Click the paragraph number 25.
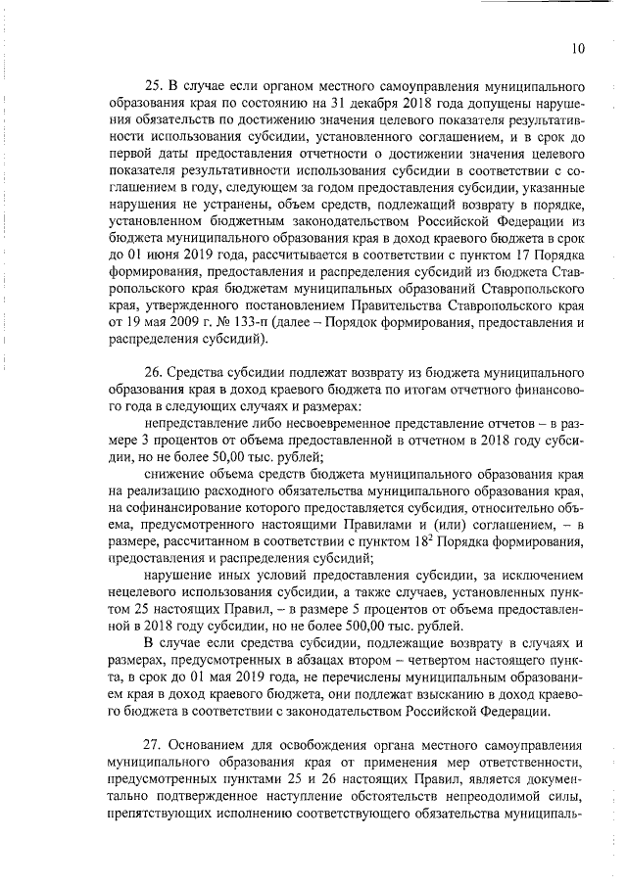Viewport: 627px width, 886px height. (x=152, y=84)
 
